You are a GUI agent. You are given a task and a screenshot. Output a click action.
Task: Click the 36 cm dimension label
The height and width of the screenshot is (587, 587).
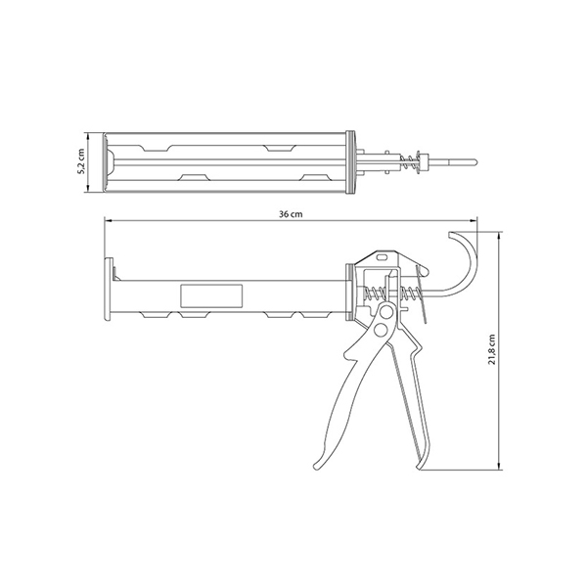point(291,214)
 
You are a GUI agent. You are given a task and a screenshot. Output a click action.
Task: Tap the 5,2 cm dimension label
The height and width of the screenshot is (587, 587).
point(80,161)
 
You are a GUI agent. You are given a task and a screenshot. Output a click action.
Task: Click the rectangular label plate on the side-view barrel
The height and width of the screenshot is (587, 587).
point(211,295)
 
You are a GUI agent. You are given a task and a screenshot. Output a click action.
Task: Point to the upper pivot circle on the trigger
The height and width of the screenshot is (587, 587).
point(386,311)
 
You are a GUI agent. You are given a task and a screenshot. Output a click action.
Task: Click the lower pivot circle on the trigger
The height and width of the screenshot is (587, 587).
point(382,331)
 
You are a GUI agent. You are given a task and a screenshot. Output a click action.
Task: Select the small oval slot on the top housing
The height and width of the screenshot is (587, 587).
point(383,257)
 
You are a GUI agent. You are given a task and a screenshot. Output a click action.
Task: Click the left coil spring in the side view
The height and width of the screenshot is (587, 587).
point(374,293)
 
